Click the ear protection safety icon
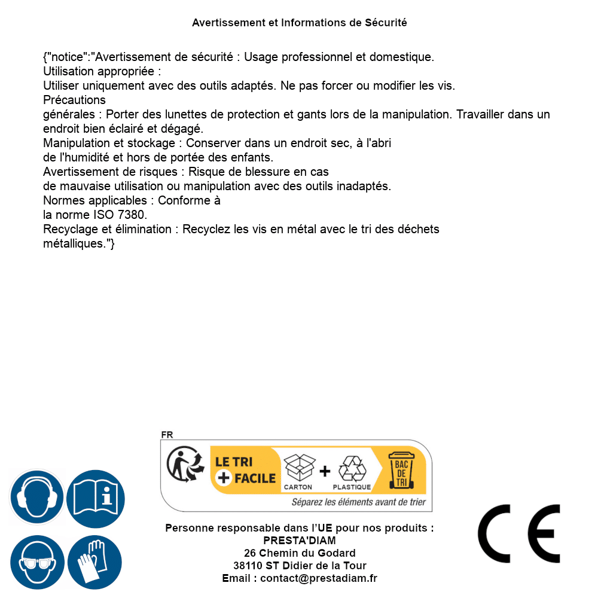coord(36,497)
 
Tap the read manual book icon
coord(95,497)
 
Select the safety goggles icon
coord(36,563)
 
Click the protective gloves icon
coord(95,563)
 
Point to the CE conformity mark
coord(519,533)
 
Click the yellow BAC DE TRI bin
coord(401,470)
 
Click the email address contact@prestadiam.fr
coord(319,578)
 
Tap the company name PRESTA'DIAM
coord(300,541)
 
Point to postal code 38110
coord(247,566)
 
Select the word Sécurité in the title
coord(386,23)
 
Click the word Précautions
coord(75,100)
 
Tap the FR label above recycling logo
coord(167,435)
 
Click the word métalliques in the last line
coord(74,243)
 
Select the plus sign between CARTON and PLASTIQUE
coord(325,471)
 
